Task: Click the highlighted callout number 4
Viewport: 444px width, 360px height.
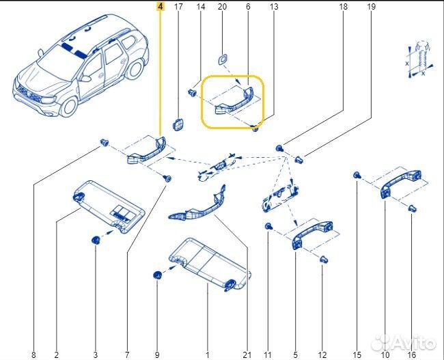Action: tap(160, 7)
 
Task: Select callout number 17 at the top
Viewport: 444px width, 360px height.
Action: tap(178, 7)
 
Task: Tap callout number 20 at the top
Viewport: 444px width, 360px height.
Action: tap(222, 7)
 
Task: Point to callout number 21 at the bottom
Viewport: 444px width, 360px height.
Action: tap(247, 355)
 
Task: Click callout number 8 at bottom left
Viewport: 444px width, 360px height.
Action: tap(33, 355)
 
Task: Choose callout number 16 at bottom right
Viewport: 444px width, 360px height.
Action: tap(411, 355)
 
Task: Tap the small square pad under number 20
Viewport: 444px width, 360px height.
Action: tap(223, 57)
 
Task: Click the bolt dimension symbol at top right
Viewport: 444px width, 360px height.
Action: tap(418, 59)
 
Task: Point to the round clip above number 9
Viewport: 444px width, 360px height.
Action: tap(157, 275)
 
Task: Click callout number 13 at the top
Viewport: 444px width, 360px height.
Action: tap(274, 7)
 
